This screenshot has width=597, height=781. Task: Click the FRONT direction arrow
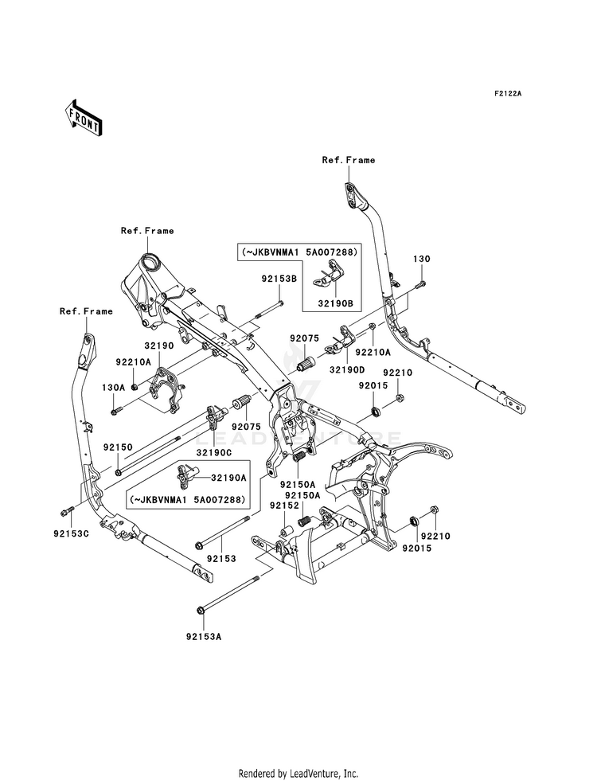(x=83, y=118)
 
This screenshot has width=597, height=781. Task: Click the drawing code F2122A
(x=507, y=93)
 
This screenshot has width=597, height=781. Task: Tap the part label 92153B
(x=279, y=279)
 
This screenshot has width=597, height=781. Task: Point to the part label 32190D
(x=346, y=370)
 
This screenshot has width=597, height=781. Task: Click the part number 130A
(x=113, y=387)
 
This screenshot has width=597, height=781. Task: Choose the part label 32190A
(x=228, y=477)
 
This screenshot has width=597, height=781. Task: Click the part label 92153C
(x=71, y=534)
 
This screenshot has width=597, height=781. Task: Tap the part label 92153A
(x=203, y=637)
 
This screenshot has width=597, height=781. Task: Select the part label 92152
(x=284, y=505)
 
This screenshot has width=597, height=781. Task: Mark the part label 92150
(x=118, y=447)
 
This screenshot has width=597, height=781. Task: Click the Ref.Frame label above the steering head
(x=147, y=231)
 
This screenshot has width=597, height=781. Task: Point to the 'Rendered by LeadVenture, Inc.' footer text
(x=298, y=773)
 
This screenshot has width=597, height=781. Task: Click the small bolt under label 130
(x=420, y=285)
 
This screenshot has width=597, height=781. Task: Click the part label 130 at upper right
(x=421, y=259)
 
